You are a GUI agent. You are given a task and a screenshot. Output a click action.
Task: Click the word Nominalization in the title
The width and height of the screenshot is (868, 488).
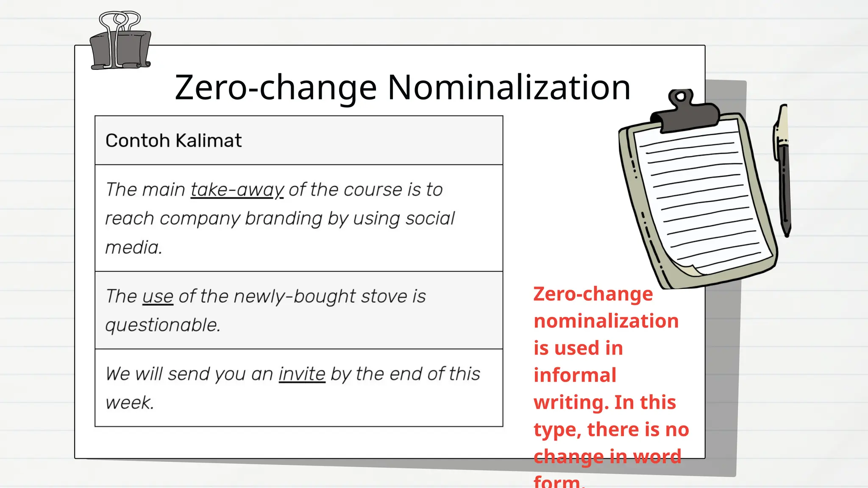pos(509,88)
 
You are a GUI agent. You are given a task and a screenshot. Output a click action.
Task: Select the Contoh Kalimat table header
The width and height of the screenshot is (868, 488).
pos(173,141)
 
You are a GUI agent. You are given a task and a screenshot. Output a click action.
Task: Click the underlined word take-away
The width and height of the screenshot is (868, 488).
pos(237,190)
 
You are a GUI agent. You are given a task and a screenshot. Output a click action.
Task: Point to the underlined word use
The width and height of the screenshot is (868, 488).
pos(158,297)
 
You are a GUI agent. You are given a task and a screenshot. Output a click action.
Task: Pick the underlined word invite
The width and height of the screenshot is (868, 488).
pos(302,374)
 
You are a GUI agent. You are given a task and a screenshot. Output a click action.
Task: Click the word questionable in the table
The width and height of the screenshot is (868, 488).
pos(163,325)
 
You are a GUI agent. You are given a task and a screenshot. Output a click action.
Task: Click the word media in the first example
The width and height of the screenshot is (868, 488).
pos(134,247)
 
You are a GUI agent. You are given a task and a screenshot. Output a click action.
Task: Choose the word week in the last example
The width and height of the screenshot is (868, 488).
pos(129,403)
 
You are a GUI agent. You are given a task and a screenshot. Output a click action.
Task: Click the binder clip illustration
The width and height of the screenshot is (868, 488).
pos(121,42)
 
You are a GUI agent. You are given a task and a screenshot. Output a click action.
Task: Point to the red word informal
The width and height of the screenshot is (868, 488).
pos(575,375)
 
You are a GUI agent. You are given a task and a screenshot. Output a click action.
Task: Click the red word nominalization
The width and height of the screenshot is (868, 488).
pos(606,321)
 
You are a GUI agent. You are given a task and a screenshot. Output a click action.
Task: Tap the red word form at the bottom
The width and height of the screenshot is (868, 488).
pos(557,482)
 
